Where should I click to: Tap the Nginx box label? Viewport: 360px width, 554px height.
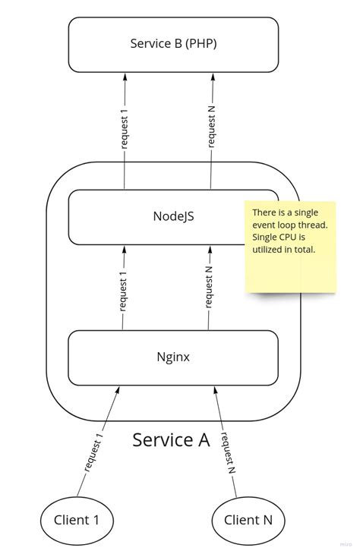pyautogui.click(x=173, y=357)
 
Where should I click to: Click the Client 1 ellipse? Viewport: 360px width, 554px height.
pyautogui.click(x=76, y=520)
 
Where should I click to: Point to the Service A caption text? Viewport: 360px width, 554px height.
pyautogui.click(x=171, y=439)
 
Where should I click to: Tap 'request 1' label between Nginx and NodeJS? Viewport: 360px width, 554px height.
pyautogui.click(x=123, y=288)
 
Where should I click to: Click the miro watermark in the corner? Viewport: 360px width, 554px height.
pyautogui.click(x=346, y=543)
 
